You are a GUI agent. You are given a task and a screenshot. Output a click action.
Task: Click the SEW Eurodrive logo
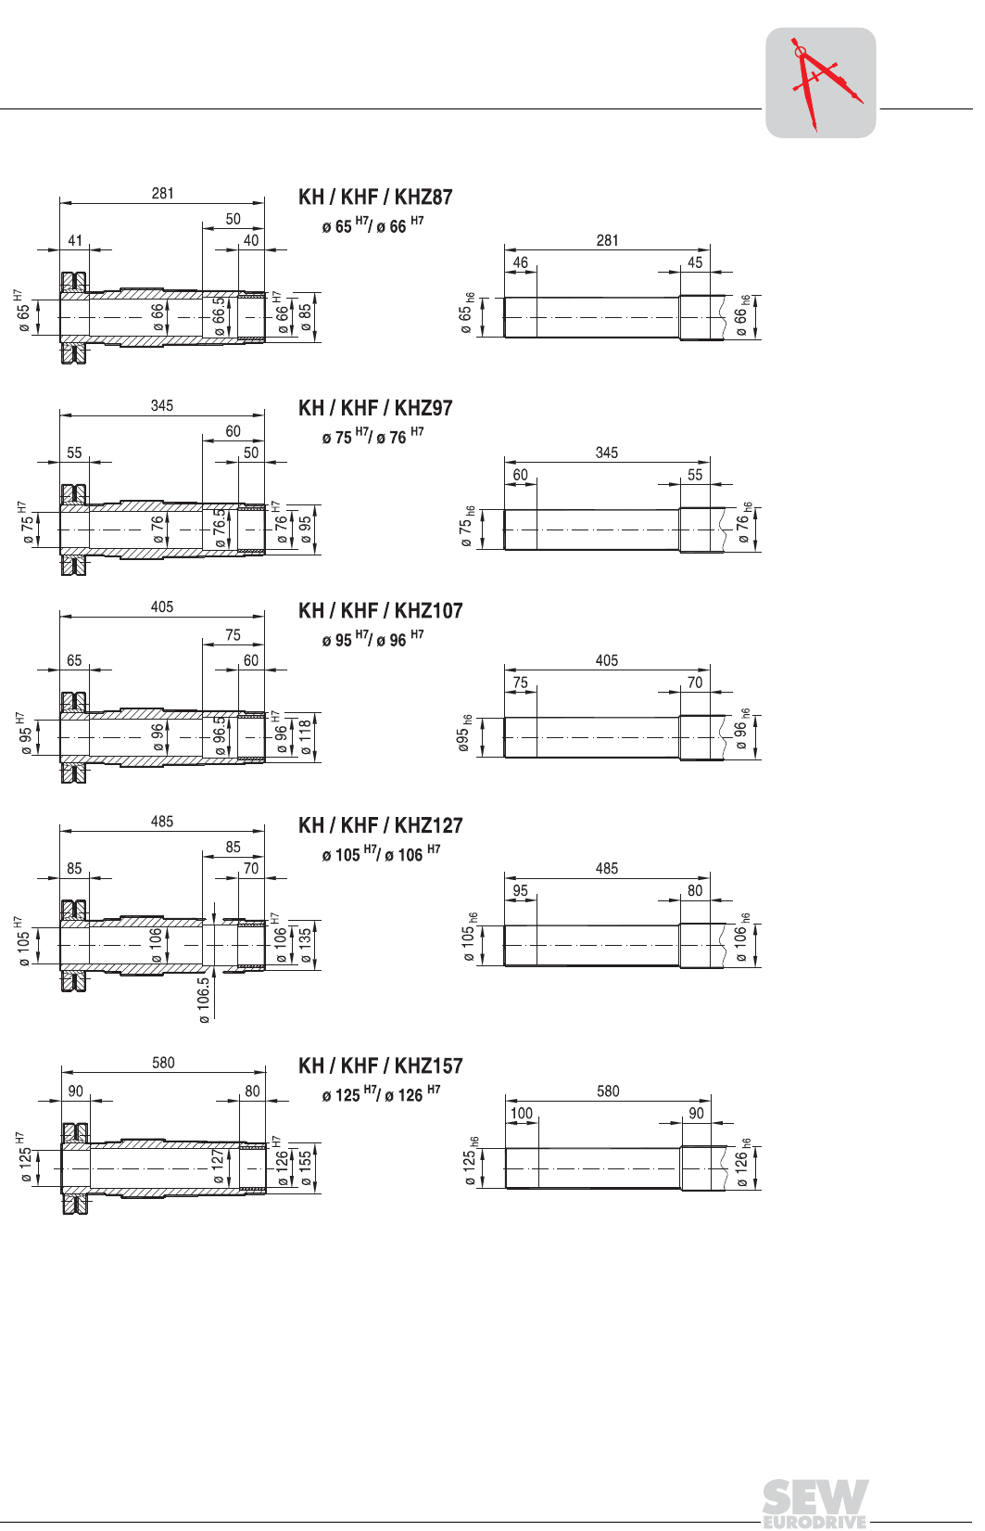click(815, 1504)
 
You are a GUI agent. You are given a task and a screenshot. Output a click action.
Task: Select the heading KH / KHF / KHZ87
click(375, 198)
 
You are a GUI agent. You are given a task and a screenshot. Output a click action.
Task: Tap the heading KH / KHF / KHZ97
click(375, 409)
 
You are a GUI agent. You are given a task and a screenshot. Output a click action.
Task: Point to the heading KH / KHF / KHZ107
click(381, 611)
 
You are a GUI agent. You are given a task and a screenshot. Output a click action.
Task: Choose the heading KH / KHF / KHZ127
click(381, 825)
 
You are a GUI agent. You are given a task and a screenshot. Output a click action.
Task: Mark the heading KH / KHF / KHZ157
click(381, 1066)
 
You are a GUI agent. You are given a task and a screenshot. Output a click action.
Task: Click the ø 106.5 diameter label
click(204, 1000)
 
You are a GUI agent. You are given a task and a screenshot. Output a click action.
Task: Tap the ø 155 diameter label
click(306, 1168)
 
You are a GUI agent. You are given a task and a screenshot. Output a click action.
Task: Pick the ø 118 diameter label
click(306, 737)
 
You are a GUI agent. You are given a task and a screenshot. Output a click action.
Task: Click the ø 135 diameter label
click(306, 945)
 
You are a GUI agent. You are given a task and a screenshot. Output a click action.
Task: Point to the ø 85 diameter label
click(306, 317)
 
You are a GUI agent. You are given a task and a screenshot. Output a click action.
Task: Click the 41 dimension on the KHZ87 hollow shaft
click(74, 240)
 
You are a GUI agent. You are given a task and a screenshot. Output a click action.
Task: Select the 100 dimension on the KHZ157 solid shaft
click(521, 1114)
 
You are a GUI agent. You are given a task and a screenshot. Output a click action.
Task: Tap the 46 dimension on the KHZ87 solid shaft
click(520, 262)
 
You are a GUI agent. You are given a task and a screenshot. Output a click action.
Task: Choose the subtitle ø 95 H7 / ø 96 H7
click(373, 639)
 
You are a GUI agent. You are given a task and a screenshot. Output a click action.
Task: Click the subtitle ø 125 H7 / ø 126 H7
click(381, 1094)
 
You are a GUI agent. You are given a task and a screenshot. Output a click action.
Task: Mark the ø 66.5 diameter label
click(219, 316)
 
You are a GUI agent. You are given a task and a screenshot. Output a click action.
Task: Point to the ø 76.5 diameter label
click(219, 529)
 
